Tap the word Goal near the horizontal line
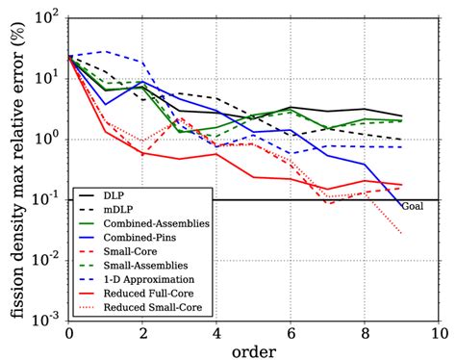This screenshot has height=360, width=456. pyautogui.click(x=413, y=206)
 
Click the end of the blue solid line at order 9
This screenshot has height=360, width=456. pyautogui.click(x=402, y=207)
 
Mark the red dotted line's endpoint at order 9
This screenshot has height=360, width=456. pyautogui.click(x=402, y=233)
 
